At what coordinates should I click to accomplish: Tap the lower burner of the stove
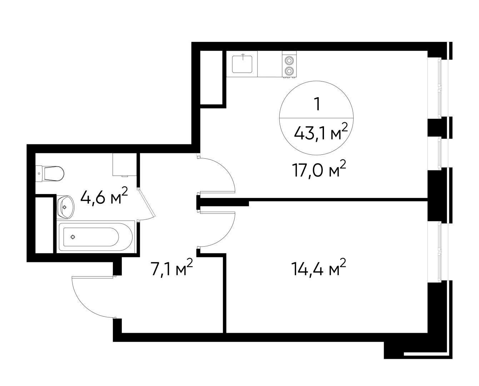click(289, 71)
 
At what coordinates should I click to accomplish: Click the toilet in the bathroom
click(52, 173)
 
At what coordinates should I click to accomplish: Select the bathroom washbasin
click(65, 207)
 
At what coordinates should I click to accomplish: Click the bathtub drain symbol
click(73, 237)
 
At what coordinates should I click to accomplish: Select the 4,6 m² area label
click(104, 197)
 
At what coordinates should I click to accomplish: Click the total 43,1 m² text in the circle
click(320, 133)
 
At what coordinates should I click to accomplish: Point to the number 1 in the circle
click(316, 104)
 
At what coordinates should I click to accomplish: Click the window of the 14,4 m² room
click(439, 252)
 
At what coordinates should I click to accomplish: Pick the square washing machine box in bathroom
click(124, 164)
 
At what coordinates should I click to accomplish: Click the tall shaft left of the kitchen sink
click(211, 78)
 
